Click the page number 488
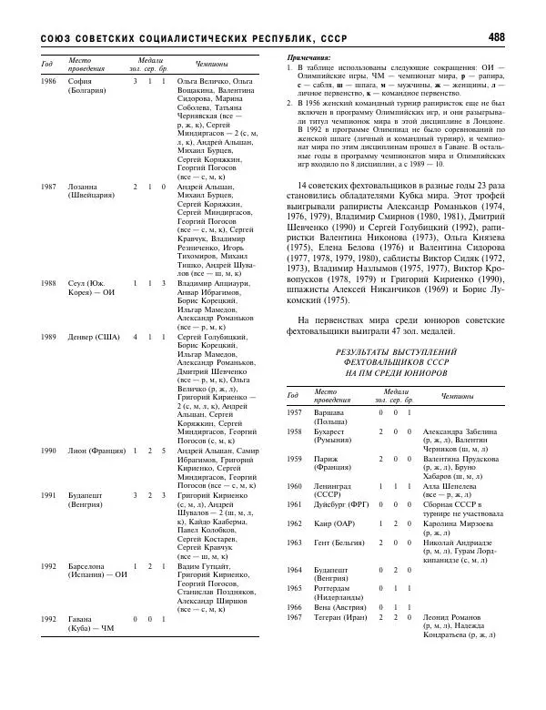pos(497,37)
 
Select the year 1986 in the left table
pos(48,82)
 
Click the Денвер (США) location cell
pos(95,337)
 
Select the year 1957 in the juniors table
pos(294,412)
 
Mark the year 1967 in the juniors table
pos(294,617)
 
